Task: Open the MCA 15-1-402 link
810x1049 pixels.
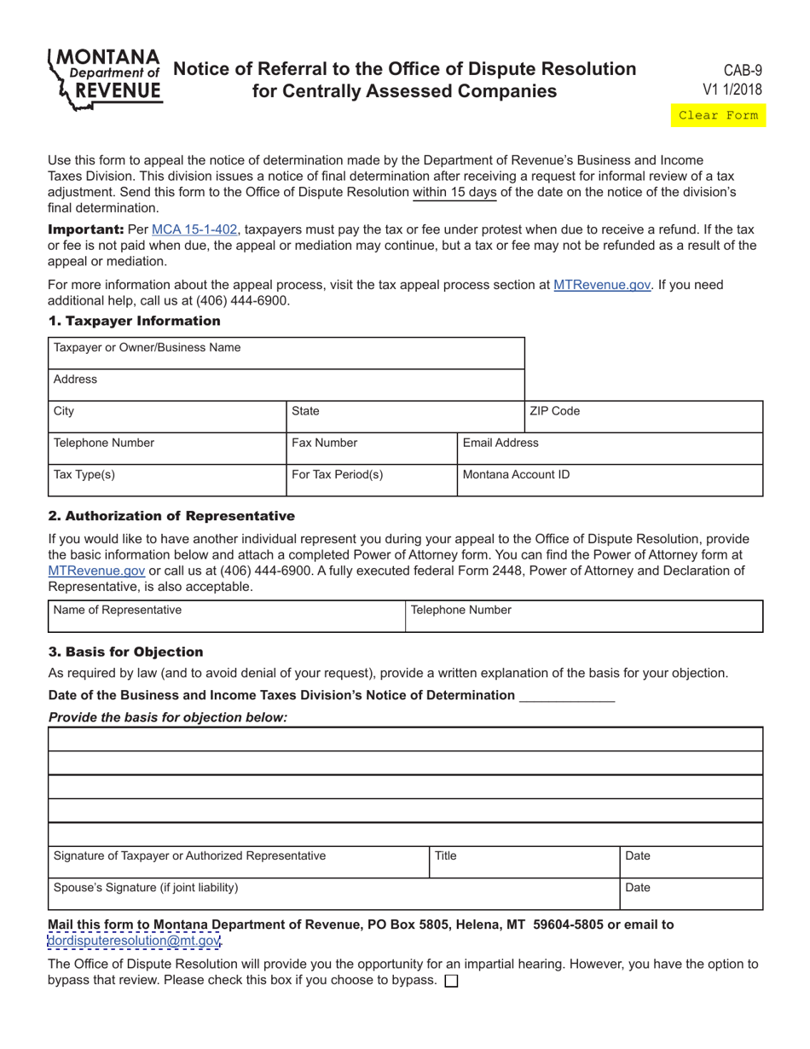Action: tap(194, 229)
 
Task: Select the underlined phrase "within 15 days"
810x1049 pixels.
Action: tap(454, 192)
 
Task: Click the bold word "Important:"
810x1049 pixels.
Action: tap(85, 229)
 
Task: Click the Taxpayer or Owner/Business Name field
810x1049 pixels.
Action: tap(286, 353)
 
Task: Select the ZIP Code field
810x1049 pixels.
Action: tap(644, 417)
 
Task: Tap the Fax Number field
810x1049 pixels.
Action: tap(372, 449)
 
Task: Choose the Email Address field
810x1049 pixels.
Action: tap(610, 449)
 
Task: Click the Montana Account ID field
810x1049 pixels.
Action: tap(610, 480)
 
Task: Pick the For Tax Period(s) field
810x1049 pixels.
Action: tap(372, 480)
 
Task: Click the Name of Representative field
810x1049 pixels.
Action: tap(226, 616)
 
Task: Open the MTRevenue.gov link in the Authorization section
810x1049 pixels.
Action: tap(96, 571)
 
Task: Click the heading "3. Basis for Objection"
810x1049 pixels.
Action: tap(126, 652)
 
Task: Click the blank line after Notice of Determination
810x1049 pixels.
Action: tap(567, 696)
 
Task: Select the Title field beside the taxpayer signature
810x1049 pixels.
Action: tap(524, 861)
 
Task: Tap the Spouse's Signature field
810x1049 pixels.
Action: tap(333, 894)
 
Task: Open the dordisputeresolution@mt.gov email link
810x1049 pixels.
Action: tap(135, 941)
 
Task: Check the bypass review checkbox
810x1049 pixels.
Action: tap(452, 981)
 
